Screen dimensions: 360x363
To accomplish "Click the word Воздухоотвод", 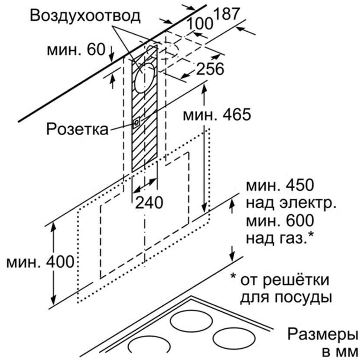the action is (85, 16).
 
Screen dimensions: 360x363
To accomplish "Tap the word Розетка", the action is (78, 129).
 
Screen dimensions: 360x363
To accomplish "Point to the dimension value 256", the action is (210, 69).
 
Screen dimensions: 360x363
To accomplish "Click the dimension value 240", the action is (149, 203).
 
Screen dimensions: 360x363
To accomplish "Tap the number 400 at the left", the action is (60, 262).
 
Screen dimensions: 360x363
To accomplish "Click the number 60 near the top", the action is (96, 49).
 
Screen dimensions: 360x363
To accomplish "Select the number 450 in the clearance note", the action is (300, 185).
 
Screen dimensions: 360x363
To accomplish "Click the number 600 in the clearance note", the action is (300, 221).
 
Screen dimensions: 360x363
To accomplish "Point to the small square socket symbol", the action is (136, 123).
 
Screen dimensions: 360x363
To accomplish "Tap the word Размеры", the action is (323, 335).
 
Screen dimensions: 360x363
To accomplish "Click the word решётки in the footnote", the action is (297, 280).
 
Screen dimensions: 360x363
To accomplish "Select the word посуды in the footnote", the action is (302, 298).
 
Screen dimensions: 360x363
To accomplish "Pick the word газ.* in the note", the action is (293, 238).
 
